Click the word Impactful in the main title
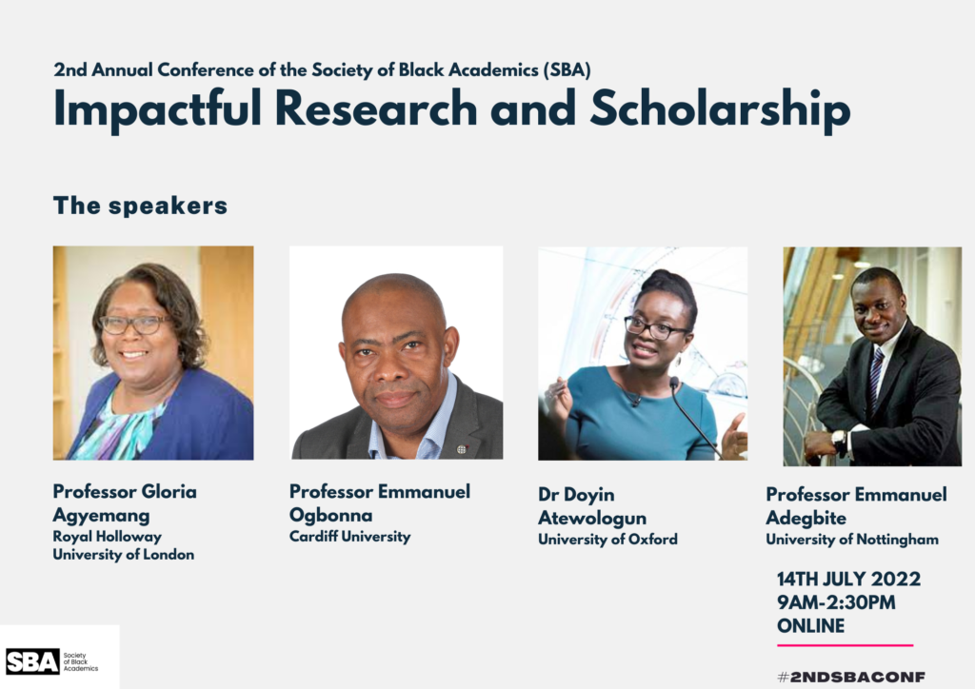[x=158, y=109]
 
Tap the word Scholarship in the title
[x=720, y=109]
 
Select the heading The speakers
[x=141, y=206]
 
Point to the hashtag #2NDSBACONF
[x=851, y=677]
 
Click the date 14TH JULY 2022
[x=848, y=579]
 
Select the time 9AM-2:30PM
[x=836, y=602]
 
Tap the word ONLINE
[x=811, y=625]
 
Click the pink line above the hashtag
[x=846, y=645]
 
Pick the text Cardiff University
[x=350, y=536]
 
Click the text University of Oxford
[x=608, y=540]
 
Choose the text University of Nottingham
[x=852, y=540]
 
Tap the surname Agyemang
[x=101, y=516]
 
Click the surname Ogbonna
[x=330, y=516]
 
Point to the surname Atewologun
[x=592, y=518]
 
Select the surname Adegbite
[x=806, y=518]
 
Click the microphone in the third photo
[x=693, y=413]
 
